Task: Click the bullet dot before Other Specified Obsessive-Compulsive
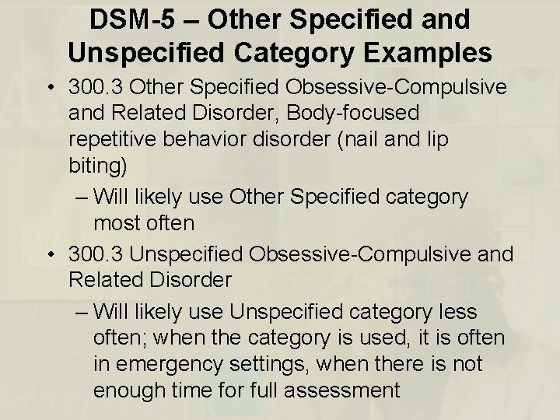[x=49, y=86]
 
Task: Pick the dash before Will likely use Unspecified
[x=82, y=311]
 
